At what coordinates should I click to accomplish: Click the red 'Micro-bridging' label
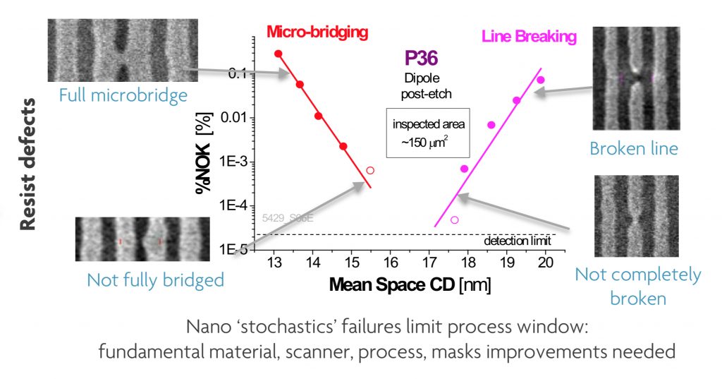click(x=318, y=32)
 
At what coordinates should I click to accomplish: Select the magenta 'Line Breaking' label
click(x=529, y=35)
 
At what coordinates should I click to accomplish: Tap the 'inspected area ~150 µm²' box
click(x=429, y=132)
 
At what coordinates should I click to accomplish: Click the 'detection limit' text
click(x=518, y=241)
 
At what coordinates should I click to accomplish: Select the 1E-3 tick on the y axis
click(x=235, y=161)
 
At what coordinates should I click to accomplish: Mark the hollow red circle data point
click(x=371, y=170)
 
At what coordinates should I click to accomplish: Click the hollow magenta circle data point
click(x=455, y=220)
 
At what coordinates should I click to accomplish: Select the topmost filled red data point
click(x=279, y=54)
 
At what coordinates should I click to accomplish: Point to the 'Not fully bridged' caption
click(x=155, y=279)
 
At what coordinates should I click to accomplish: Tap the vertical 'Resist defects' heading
click(x=28, y=164)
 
